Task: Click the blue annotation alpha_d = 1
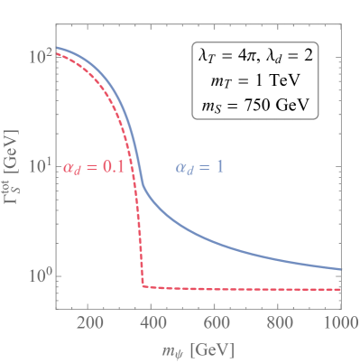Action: pos(199,167)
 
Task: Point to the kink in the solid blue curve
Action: pos(143,186)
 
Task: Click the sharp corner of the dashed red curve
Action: pos(143,286)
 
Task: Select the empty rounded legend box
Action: pos(254,79)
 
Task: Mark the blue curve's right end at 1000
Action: pos(341,269)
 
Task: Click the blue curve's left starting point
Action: pos(57,47)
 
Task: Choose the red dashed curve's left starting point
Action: pos(57,54)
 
